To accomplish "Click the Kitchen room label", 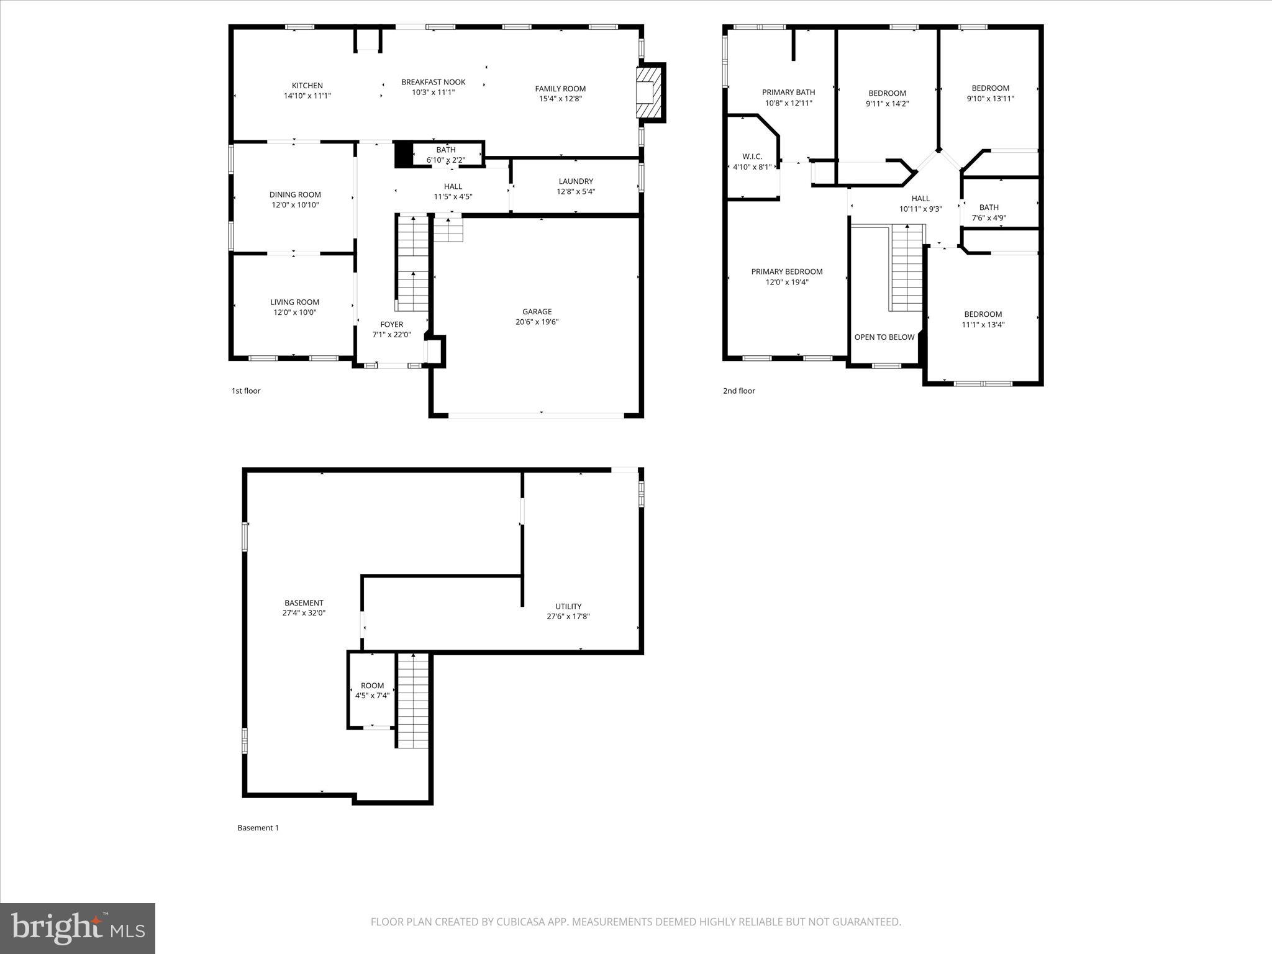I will (x=307, y=86).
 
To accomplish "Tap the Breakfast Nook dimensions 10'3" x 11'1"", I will (x=433, y=93).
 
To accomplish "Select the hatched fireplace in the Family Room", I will (x=648, y=92).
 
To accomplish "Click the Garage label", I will (x=537, y=312).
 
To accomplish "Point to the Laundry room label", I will (x=576, y=181).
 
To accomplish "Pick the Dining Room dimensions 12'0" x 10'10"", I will (x=295, y=205).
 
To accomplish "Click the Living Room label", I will (x=294, y=302).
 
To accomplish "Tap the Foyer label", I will (x=391, y=324).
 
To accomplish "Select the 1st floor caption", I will (x=246, y=391).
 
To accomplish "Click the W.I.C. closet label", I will (x=752, y=157).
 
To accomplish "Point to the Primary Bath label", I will (x=788, y=93).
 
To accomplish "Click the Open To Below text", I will (x=884, y=337).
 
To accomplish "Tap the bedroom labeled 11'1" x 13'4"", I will (x=983, y=319).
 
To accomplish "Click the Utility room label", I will (x=568, y=606).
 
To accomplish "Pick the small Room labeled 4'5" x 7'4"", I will (x=372, y=691).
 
